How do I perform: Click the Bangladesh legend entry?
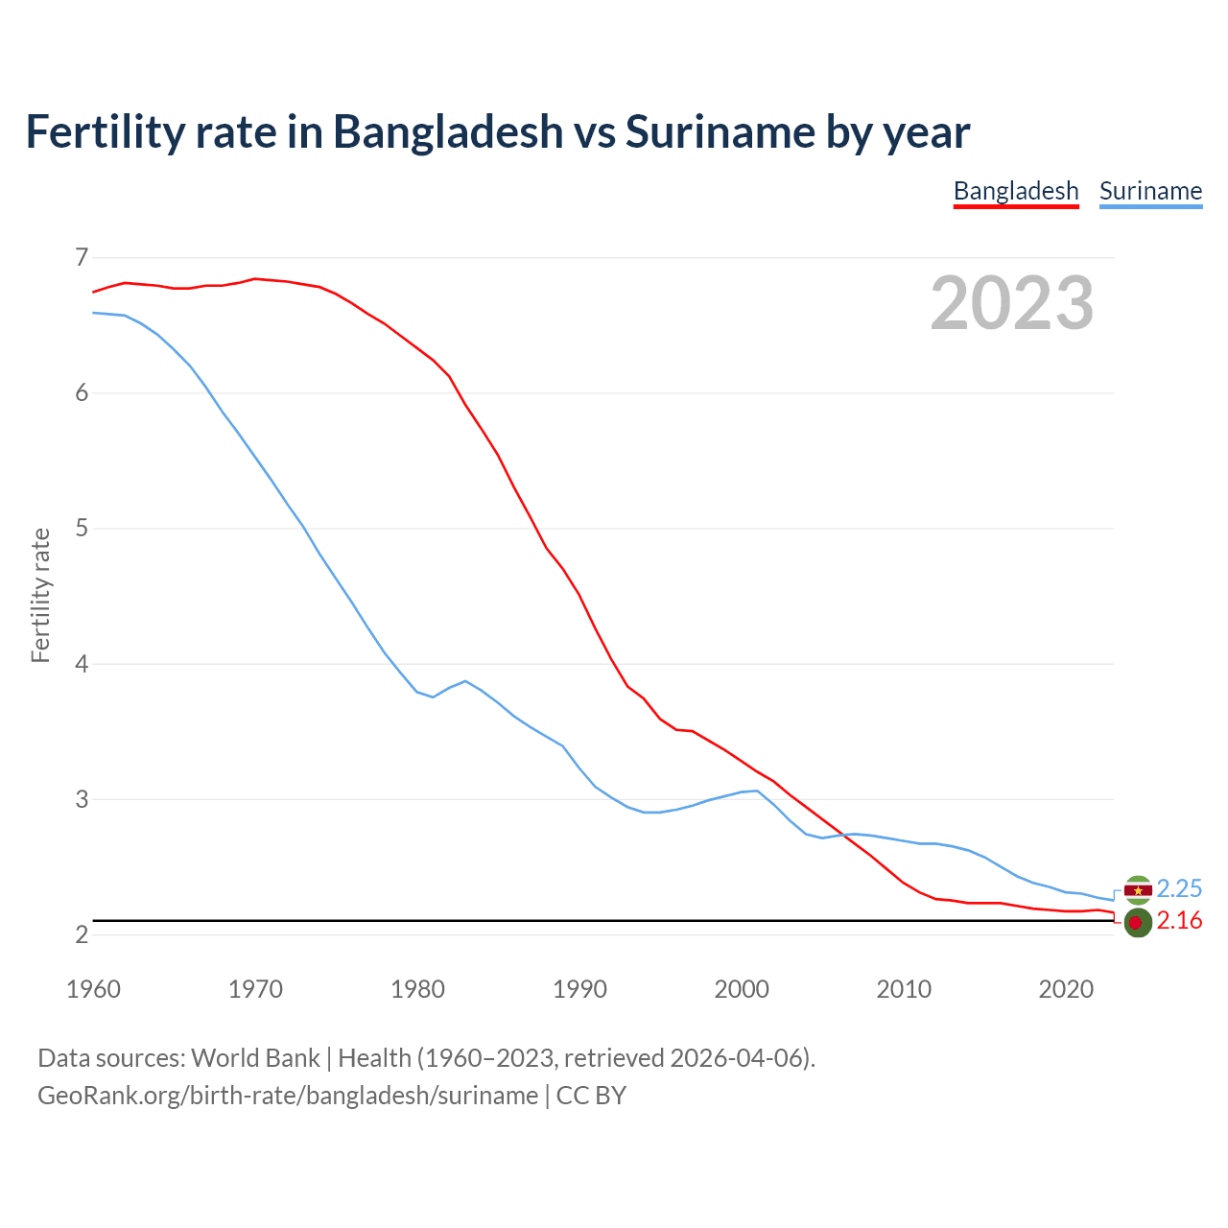pos(1016,191)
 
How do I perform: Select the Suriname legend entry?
pos(1150,191)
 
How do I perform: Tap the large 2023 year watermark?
pos(1011,303)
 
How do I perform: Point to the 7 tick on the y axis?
pos(81,257)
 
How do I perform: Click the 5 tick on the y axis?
pos(81,528)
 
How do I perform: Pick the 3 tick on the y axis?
pos(81,799)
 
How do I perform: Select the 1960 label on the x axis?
pos(93,989)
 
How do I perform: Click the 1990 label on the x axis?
pos(579,989)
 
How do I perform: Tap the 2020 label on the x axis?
pos(1066,989)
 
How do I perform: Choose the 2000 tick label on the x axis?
pos(742,989)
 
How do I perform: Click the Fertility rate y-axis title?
pos(40,595)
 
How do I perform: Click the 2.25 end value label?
pos(1179,888)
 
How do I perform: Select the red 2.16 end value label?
pos(1179,921)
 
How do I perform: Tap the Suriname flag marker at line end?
pos(1138,890)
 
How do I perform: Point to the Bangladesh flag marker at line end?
pos(1138,923)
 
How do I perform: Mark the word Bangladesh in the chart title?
pos(448,131)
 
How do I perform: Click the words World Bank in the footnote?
pos(255,1058)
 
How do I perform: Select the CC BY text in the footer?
pos(591,1096)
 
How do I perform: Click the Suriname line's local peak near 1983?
pos(465,681)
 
